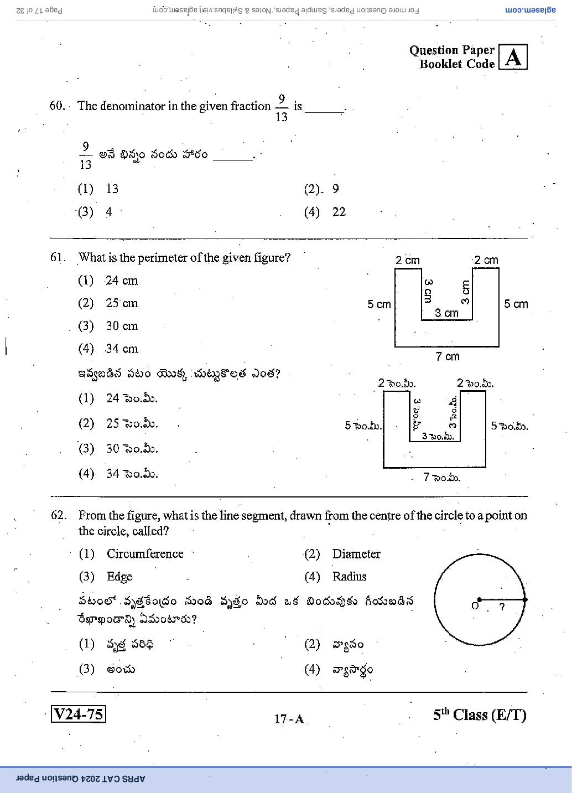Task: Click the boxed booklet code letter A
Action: (513, 56)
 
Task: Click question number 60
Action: (57, 106)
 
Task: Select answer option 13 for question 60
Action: (112, 189)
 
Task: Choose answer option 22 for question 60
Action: (339, 212)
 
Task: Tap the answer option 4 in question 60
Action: (108, 212)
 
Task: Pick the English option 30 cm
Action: (122, 326)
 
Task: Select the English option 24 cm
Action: (122, 281)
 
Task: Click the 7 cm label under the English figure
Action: (448, 356)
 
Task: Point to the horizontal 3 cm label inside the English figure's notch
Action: (446, 313)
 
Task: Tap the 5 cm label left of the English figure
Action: (379, 304)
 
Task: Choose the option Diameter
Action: (356, 554)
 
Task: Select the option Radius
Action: (350, 576)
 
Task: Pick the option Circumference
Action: (145, 554)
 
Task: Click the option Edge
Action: (119, 577)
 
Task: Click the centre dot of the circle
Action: (479, 599)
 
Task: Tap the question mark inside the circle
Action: (502, 607)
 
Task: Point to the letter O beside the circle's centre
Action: (475, 606)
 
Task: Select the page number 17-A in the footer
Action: (289, 719)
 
